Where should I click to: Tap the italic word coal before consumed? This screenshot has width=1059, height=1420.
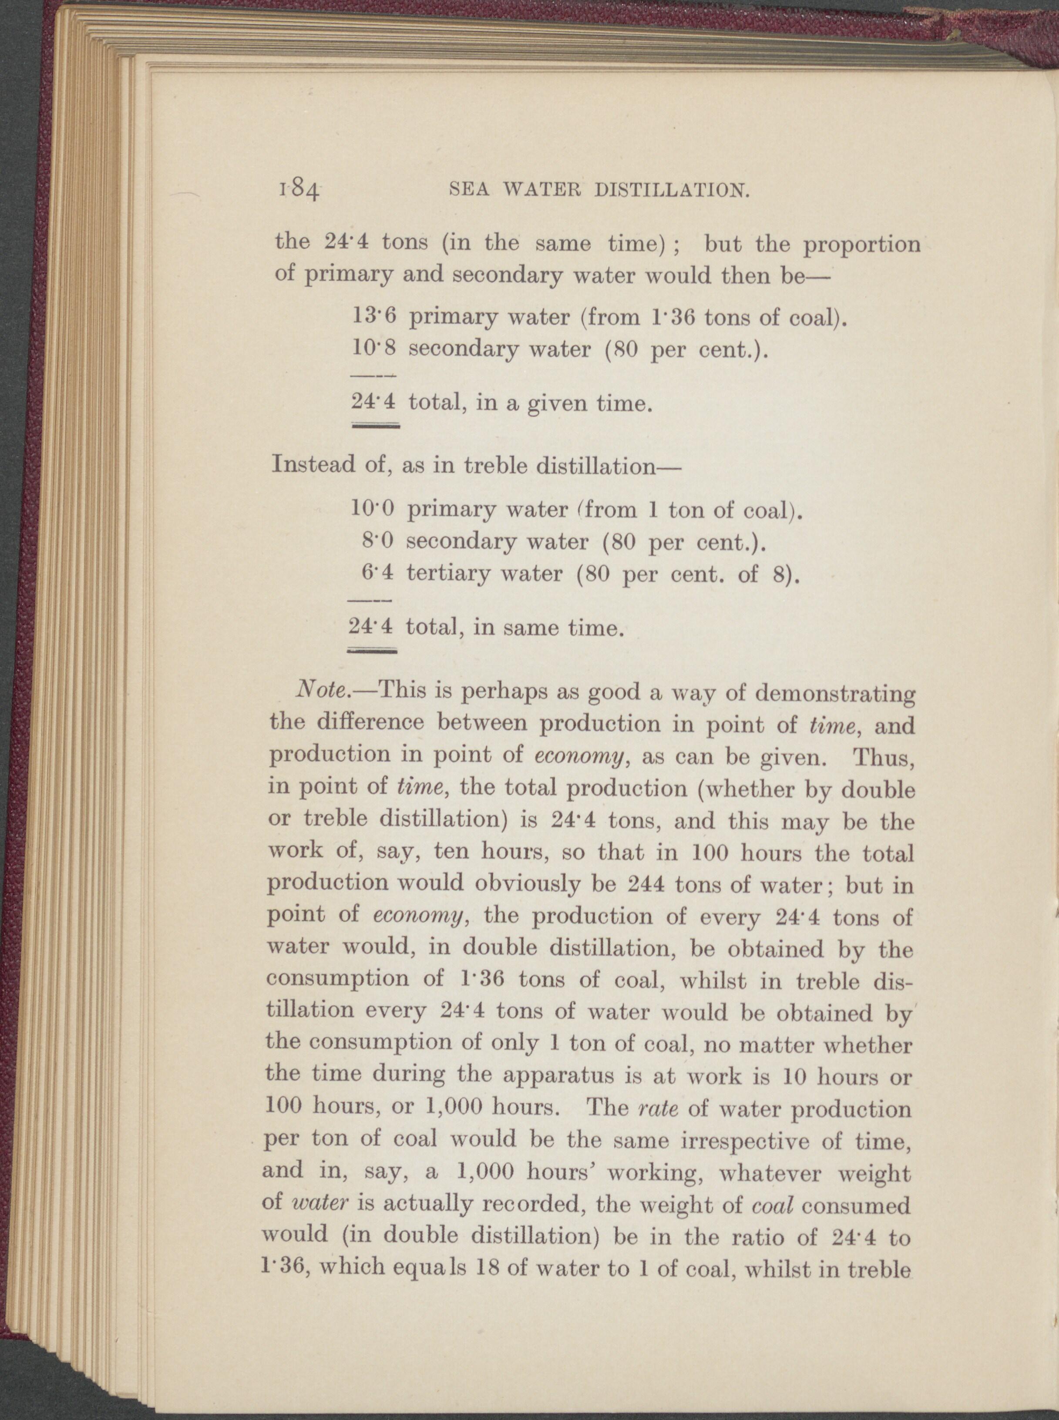pos(773,1205)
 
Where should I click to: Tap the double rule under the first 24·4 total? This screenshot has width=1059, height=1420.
pos(376,426)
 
